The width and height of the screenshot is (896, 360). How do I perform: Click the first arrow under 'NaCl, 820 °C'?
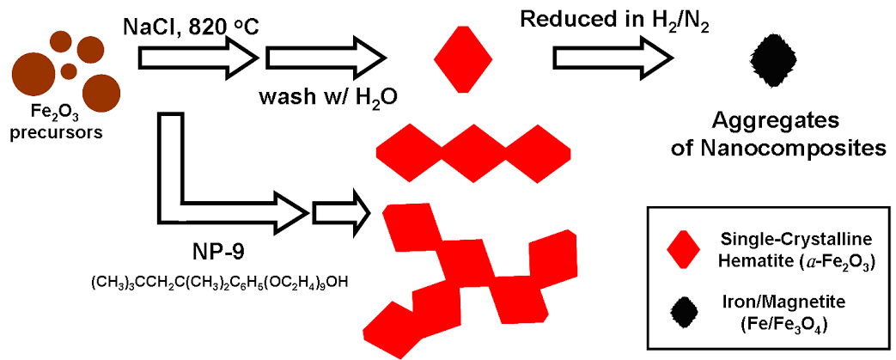(198, 58)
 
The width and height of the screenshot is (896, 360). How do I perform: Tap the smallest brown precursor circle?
(67, 71)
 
